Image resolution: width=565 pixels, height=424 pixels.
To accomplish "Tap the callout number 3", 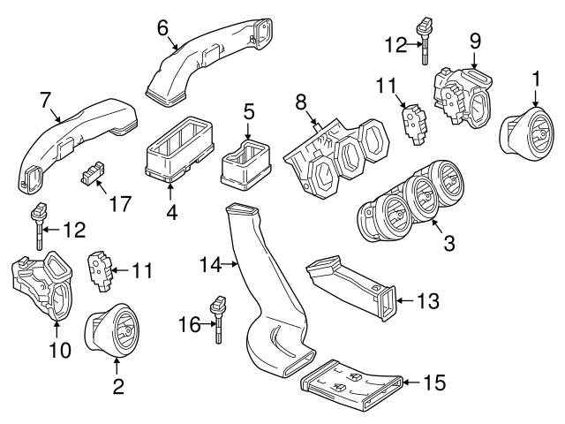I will point(448,240).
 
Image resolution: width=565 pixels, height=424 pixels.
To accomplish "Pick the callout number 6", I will point(162,27).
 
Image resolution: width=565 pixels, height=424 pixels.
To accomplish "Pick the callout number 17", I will point(119,204).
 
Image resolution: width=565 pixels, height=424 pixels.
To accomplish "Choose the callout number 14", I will point(208,262).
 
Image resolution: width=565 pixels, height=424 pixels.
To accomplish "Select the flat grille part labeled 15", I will point(353,383).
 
